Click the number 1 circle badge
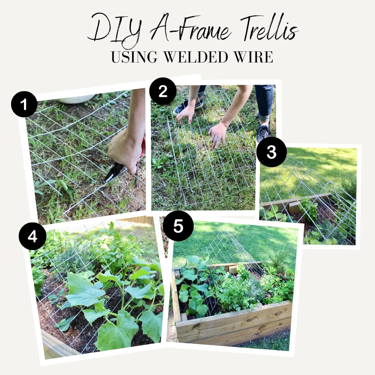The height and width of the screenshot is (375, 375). click(24, 104)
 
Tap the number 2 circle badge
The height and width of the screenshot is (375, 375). click(162, 91)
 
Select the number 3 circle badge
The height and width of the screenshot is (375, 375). click(271, 152)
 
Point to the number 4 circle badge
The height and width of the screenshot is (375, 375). click(32, 236)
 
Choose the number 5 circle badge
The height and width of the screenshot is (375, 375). click(178, 226)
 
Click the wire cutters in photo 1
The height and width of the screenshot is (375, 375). click(115, 172)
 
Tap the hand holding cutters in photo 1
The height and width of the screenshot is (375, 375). click(125, 153)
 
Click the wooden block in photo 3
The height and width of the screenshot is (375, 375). click(294, 207)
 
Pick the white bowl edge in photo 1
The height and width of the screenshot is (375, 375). click(76, 99)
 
